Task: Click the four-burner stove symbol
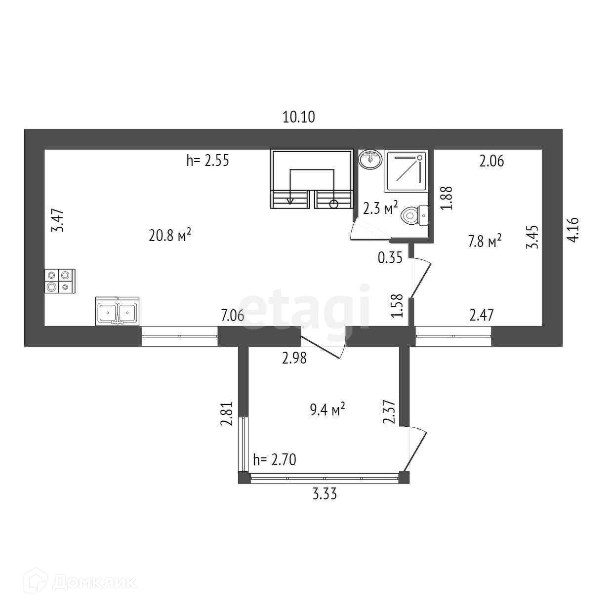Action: point(59,281)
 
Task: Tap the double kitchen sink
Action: point(117,312)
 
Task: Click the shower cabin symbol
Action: point(406,171)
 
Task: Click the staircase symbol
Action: point(312,179)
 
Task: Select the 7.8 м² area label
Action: point(485,241)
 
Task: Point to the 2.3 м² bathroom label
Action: point(380,208)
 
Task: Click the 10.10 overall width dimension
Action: point(299,117)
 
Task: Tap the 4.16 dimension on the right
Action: point(574,230)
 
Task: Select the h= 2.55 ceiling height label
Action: point(207,161)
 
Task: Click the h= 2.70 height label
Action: point(274,460)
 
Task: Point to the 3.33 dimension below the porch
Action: point(325,493)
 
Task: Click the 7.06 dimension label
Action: point(232,315)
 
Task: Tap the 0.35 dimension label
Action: point(390,257)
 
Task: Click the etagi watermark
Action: point(306,309)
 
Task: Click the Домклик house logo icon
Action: point(41,581)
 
